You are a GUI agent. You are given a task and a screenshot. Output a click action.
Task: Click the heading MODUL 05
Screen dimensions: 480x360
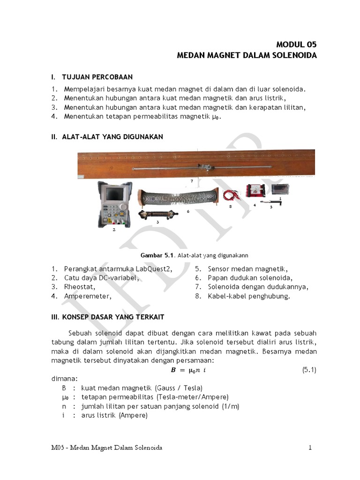click(x=296, y=45)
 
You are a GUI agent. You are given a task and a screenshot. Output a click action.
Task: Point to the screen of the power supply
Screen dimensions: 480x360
click(x=114, y=193)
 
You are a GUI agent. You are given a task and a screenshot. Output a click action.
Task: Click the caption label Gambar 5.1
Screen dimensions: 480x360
click(x=157, y=255)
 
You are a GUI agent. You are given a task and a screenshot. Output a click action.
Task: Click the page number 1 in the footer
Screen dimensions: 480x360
click(x=310, y=448)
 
